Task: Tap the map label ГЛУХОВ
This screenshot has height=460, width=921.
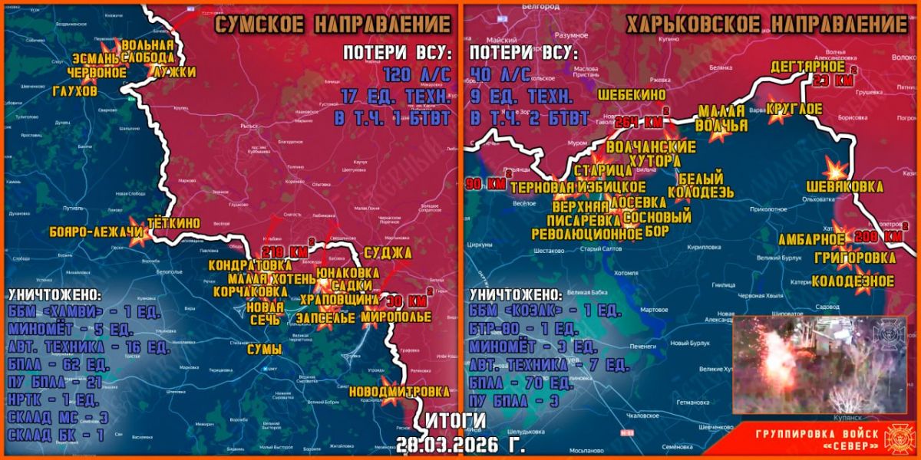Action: click(x=75, y=90)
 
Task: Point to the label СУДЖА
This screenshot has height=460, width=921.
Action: click(x=388, y=252)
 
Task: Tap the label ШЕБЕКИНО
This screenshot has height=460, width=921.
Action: click(x=632, y=94)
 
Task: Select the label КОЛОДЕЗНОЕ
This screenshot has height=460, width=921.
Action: click(x=853, y=281)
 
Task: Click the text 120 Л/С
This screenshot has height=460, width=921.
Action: click(x=414, y=74)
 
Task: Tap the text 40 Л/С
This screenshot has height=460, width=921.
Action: click(x=500, y=74)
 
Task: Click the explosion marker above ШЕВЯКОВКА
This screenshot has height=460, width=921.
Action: click(x=834, y=169)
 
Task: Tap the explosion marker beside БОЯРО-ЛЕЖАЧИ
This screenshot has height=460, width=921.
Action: click(x=139, y=238)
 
